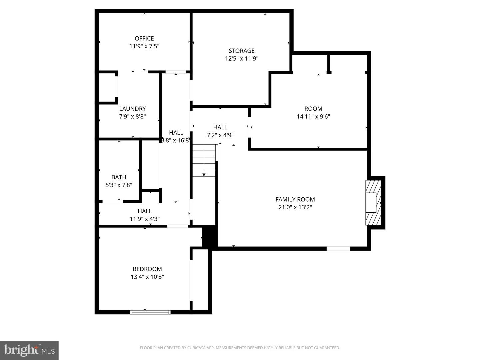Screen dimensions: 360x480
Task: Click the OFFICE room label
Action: click(x=144, y=38)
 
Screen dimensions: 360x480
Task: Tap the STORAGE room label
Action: click(x=241, y=51)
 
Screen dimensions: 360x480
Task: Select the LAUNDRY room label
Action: click(x=132, y=109)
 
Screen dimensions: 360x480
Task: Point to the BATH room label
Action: click(x=119, y=177)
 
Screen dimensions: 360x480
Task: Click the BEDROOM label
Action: click(x=147, y=269)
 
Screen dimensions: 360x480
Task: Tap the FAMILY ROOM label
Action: click(x=295, y=199)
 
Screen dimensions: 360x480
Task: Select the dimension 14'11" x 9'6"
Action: click(x=313, y=116)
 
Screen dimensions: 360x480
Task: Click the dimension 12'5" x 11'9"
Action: click(x=241, y=59)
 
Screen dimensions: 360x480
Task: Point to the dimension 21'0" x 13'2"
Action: click(x=295, y=207)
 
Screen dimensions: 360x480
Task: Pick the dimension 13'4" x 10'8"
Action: click(x=147, y=277)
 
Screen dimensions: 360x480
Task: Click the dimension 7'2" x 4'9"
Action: click(x=220, y=135)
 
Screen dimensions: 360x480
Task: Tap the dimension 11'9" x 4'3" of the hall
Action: click(x=145, y=219)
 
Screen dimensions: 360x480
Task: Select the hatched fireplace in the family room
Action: click(x=373, y=203)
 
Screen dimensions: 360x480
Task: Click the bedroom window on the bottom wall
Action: click(x=150, y=312)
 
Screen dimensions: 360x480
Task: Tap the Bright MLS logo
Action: click(x=29, y=350)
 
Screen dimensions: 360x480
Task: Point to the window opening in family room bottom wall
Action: click(x=338, y=248)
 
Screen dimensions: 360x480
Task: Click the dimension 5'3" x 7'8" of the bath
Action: click(x=119, y=185)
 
